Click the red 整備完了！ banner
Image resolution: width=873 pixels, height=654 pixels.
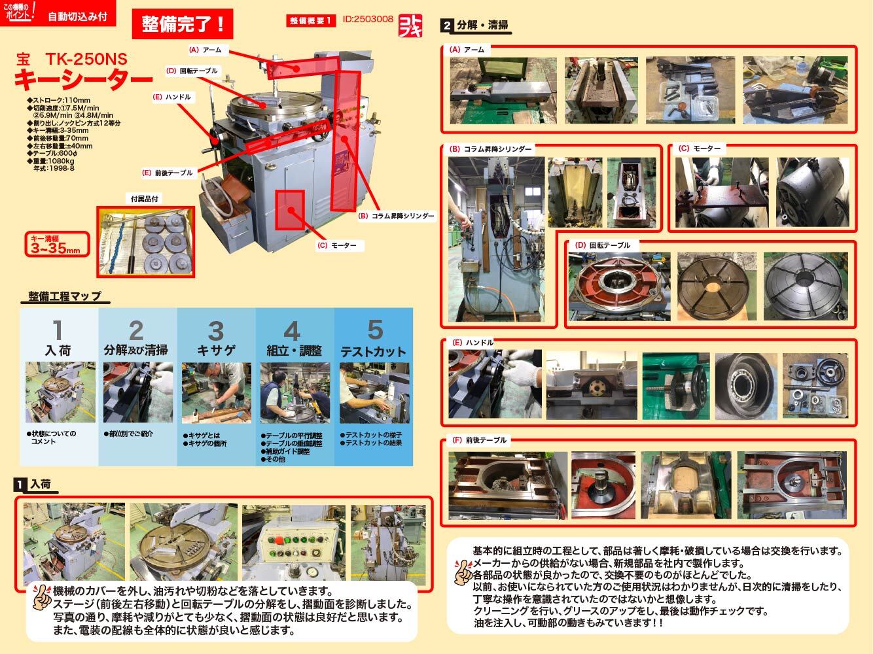pos(183,24)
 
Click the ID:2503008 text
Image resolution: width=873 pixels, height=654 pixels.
pos(368,19)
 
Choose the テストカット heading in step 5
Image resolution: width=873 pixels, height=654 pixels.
pos(373,351)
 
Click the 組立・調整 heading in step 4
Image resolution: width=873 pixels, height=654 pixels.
pos(294,351)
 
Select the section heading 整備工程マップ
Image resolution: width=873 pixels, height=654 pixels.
pos(65,296)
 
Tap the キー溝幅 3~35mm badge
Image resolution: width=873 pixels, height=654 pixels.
pos(56,243)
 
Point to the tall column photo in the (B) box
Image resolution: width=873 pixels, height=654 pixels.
pos(495,239)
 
